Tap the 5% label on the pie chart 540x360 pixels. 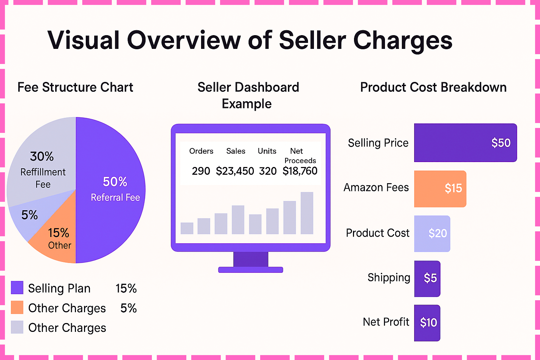coord(30,215)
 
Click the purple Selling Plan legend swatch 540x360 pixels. coord(17,288)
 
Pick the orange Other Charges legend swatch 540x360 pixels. coord(17,307)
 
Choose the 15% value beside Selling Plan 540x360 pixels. coord(126,289)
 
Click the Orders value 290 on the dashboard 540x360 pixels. coord(201,171)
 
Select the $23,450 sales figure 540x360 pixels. coord(235,171)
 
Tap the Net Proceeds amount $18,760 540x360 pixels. coord(300,171)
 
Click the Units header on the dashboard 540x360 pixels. coord(267,151)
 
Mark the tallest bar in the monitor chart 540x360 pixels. coord(307,213)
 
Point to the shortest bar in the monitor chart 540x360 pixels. coord(187,228)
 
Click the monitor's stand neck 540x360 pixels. coord(251,259)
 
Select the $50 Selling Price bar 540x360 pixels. coord(465,143)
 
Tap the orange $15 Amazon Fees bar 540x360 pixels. coord(440,189)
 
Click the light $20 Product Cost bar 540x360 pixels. coord(432,233)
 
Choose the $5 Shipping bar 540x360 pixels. coord(427,278)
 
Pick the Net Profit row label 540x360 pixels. coord(386,322)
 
